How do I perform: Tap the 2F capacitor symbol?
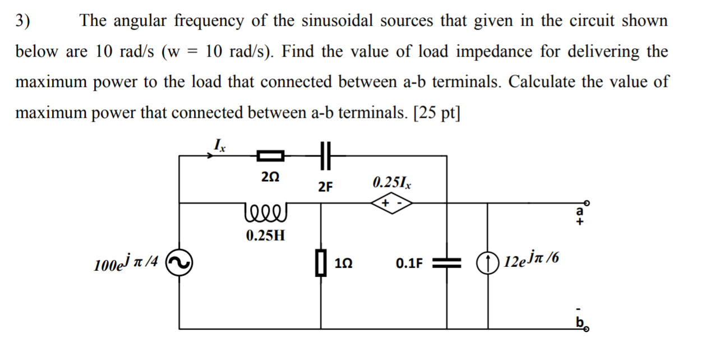(324, 155)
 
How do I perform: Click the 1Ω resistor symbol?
(321, 262)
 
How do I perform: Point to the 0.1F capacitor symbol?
(447, 262)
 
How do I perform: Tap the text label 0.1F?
(409, 263)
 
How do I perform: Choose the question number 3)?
(24, 21)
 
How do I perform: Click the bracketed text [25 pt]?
(436, 113)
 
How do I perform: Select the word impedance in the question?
(492, 52)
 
